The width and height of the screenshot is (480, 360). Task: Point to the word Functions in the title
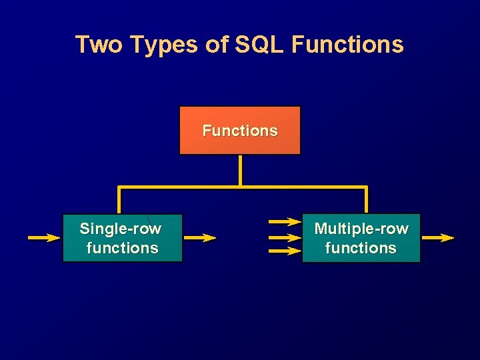(347, 45)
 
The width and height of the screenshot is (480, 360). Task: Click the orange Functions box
(240, 131)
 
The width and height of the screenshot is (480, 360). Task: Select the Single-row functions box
(122, 238)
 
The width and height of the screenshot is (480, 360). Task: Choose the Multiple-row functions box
(361, 238)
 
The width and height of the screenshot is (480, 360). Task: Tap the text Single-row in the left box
(121, 229)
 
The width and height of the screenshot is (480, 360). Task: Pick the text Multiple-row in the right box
(361, 229)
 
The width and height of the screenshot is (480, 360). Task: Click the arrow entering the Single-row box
(44, 237)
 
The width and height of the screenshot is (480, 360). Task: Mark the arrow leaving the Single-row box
(200, 237)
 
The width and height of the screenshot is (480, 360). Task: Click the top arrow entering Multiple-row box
(285, 221)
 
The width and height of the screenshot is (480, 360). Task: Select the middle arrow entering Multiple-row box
(285, 237)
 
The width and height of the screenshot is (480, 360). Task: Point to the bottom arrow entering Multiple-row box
(285, 251)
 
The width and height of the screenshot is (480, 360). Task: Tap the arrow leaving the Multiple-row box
(438, 237)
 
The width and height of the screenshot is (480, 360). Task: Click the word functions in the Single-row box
(123, 248)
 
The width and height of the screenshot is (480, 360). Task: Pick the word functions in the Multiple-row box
(361, 248)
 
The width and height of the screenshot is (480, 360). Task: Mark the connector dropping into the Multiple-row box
(366, 200)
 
